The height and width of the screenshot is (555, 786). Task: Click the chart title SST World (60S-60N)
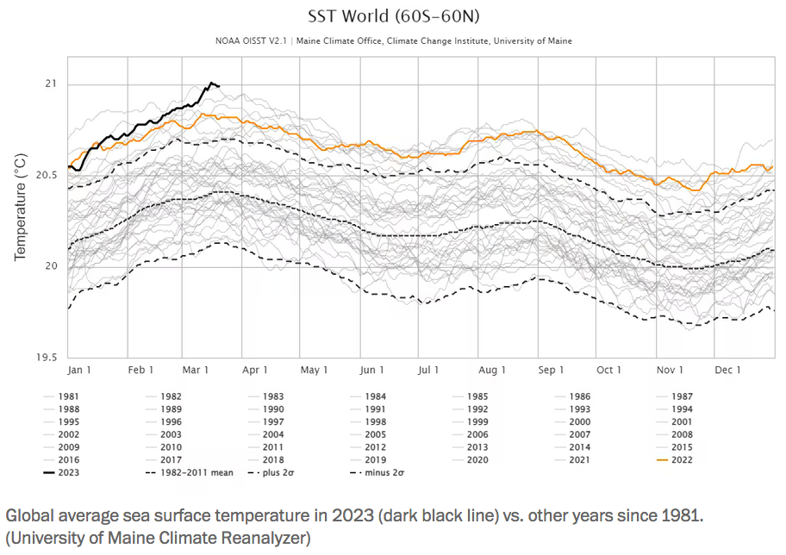[392, 16]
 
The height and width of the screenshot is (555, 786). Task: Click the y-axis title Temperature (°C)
[20, 207]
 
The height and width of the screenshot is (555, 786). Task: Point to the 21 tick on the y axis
[49, 84]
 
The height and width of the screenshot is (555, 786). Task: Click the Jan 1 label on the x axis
[79, 370]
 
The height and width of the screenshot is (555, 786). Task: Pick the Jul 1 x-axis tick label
[428, 370]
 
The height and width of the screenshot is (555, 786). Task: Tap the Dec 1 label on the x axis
[727, 370]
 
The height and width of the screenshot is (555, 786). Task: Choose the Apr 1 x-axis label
[254, 370]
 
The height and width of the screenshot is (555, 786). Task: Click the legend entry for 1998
[375, 421]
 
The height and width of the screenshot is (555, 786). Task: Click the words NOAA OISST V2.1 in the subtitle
[252, 41]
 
